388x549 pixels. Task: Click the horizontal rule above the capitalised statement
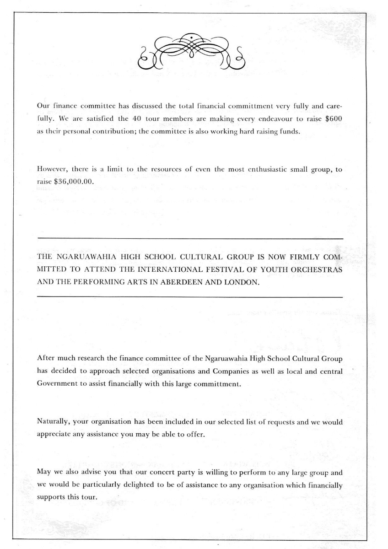pos(189,239)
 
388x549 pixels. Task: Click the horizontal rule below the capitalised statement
pos(189,298)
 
